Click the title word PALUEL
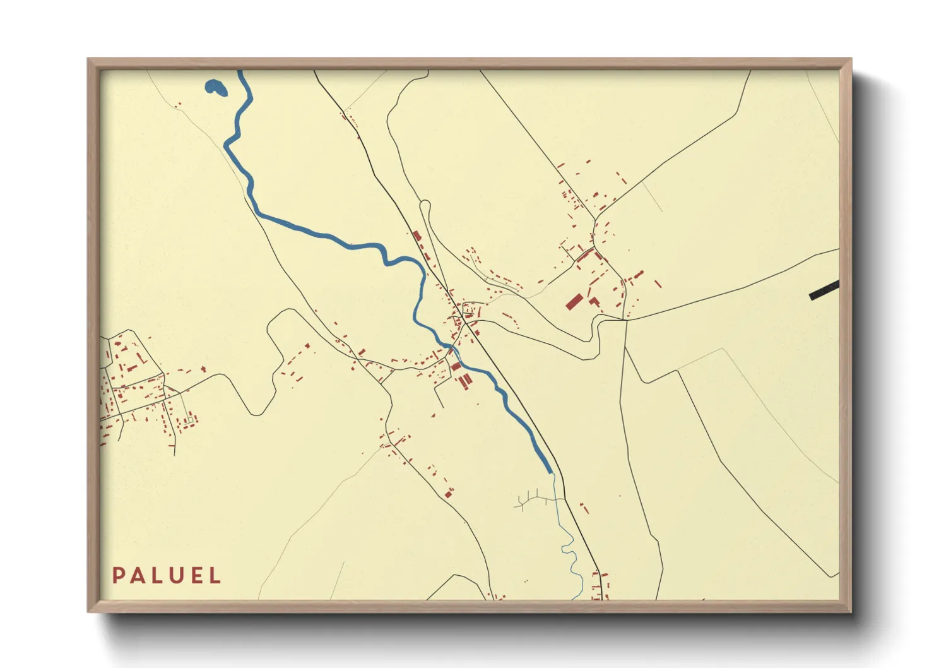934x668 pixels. pos(167,576)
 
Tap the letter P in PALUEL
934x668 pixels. pos(118,576)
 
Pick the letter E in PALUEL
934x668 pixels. pos(198,576)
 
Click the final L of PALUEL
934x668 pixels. pos(216,576)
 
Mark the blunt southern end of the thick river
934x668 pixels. pos(550,470)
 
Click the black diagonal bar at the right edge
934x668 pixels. pos(824,290)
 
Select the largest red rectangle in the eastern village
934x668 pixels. pos(573,301)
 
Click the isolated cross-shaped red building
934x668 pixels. pos(203,369)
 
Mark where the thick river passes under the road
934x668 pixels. pos(453,348)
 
